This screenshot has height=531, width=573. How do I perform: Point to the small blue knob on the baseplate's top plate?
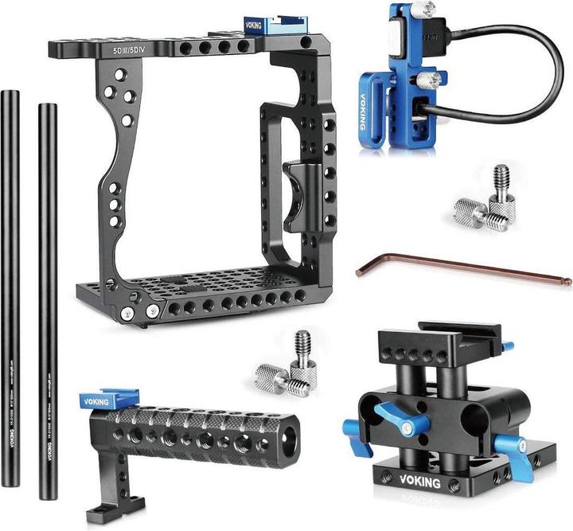(506, 345)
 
